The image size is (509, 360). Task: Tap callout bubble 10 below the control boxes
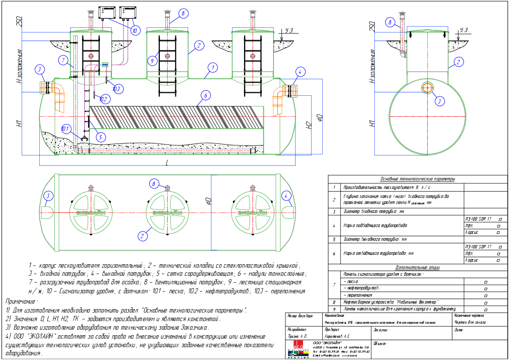(135, 31)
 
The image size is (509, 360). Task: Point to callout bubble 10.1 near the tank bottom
(65, 128)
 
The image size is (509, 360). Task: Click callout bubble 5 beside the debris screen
(100, 137)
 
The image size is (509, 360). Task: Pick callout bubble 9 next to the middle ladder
(152, 61)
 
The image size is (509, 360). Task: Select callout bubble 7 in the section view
(62, 59)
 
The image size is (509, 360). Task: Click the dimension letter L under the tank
(167, 163)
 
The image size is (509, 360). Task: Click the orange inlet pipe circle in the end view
(427, 88)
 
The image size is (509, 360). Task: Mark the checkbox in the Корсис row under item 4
(498, 233)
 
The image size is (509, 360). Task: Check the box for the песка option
(486, 282)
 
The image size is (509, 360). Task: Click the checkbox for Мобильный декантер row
(486, 302)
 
